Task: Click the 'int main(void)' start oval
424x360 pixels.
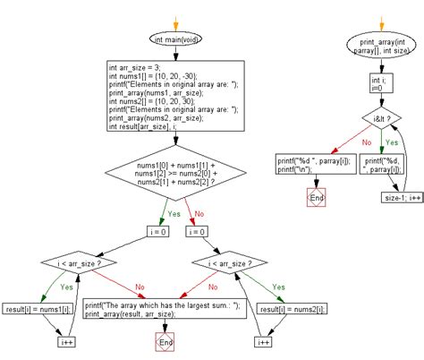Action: pyautogui.click(x=175, y=39)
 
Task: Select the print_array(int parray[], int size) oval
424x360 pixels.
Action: pyautogui.click(x=381, y=45)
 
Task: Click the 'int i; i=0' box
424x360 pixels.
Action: pyautogui.click(x=381, y=83)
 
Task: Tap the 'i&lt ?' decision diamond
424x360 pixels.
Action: pyautogui.click(x=382, y=118)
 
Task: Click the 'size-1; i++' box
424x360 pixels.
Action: pyautogui.click(x=403, y=198)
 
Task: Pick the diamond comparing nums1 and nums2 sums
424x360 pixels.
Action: pyautogui.click(x=175, y=173)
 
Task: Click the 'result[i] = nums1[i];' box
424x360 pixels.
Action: pyautogui.click(x=38, y=309)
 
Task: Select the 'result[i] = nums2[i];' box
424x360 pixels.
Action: pyautogui.click(x=292, y=309)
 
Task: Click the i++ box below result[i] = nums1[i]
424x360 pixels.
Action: pyautogui.click(x=66, y=342)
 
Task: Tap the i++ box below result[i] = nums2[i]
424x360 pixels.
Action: pyautogui.click(x=263, y=342)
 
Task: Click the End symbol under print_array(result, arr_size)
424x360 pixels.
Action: pyautogui.click(x=165, y=342)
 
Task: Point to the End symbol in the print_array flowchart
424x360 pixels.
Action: pyautogui.click(x=317, y=197)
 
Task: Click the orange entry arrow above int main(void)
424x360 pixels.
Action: pyautogui.click(x=175, y=24)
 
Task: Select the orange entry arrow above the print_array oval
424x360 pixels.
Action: pyautogui.click(x=381, y=24)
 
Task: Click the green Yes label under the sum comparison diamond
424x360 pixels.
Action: pyautogui.click(x=174, y=214)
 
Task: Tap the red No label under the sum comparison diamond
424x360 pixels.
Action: pyautogui.click(x=199, y=214)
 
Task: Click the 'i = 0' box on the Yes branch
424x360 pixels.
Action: pyautogui.click(x=158, y=232)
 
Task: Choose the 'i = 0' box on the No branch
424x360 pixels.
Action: pyautogui.click(x=197, y=232)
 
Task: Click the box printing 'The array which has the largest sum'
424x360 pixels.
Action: pyautogui.click(x=165, y=309)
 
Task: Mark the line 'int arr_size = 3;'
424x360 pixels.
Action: pyautogui.click(x=134, y=68)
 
